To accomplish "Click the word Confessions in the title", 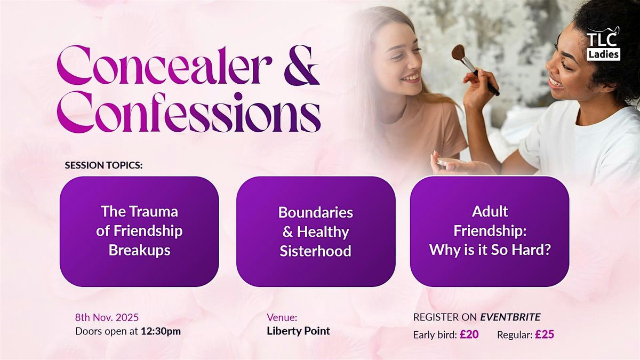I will click(x=189, y=114).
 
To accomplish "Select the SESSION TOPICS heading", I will click(x=104, y=165).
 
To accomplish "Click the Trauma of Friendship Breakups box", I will click(x=139, y=231).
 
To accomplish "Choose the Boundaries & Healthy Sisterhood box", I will click(x=316, y=231).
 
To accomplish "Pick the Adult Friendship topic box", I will click(x=490, y=230).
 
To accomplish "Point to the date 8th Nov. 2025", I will click(x=107, y=317).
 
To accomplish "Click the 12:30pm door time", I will click(x=161, y=331).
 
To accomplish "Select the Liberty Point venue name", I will click(x=298, y=331).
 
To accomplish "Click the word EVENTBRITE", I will click(x=510, y=317).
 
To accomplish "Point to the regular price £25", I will click(x=546, y=335).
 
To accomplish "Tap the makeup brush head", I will click(x=459, y=53).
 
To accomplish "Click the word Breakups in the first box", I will click(x=139, y=250).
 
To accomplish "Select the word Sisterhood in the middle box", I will click(x=316, y=251).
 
